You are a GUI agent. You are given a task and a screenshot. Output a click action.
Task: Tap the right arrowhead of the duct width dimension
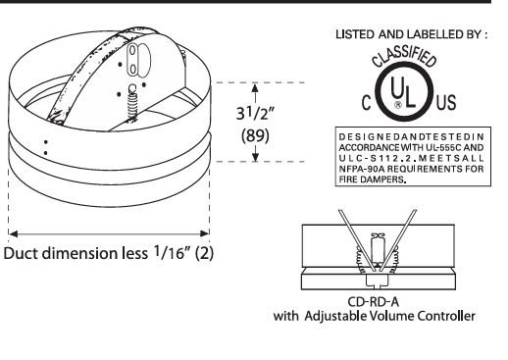[x=207, y=234]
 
